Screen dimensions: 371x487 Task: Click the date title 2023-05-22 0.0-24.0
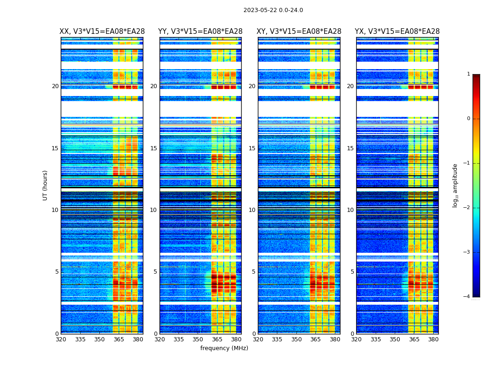tap(273, 10)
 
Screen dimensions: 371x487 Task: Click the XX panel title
tap(102, 32)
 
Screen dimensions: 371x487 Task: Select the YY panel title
tap(200, 32)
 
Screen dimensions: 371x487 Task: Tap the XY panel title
tap(299, 32)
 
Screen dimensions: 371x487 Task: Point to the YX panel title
tap(397, 32)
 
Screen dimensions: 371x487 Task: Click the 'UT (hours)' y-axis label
tap(45, 185)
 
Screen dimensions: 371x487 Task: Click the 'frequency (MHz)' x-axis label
tap(224, 348)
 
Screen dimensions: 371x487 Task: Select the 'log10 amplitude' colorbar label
tap(455, 185)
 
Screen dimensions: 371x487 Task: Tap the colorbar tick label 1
tap(468, 74)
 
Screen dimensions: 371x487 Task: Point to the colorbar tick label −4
tap(467, 297)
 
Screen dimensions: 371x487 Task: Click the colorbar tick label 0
tap(468, 119)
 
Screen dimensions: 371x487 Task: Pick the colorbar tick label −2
tap(467, 208)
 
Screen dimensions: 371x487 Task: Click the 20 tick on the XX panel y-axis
tap(55, 86)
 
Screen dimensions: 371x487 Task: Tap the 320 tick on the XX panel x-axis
tap(61, 339)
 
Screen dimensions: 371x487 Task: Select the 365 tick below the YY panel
tap(217, 339)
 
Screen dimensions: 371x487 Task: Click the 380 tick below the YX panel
tap(433, 339)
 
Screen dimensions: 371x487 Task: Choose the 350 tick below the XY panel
tap(296, 339)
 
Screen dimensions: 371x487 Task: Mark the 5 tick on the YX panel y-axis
tap(352, 272)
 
